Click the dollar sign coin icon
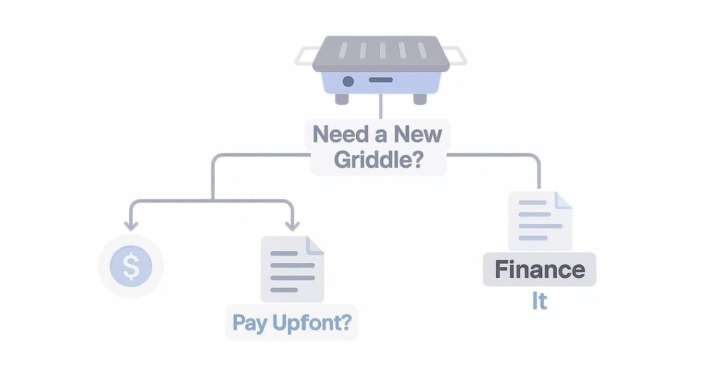(x=131, y=266)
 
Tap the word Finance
(x=539, y=269)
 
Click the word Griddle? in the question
(x=378, y=159)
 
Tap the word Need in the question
(x=338, y=134)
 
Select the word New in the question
(x=418, y=134)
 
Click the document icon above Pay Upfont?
(x=292, y=268)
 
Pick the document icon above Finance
(x=540, y=221)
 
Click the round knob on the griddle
(x=348, y=81)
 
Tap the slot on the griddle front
(x=381, y=80)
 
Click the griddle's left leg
(x=342, y=99)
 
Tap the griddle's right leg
(x=420, y=99)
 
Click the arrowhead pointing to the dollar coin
(x=131, y=226)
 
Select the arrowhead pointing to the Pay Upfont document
(x=292, y=226)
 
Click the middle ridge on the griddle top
(x=382, y=51)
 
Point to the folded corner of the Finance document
(x=563, y=200)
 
